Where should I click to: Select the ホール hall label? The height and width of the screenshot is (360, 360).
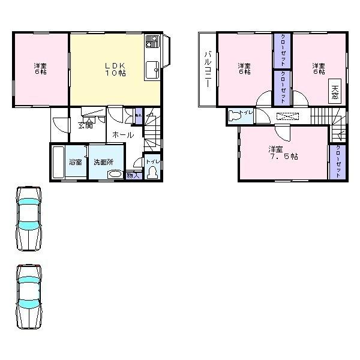(123, 136)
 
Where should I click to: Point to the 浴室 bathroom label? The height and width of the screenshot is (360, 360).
(75, 162)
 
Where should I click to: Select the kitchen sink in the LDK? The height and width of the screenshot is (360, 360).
(151, 69)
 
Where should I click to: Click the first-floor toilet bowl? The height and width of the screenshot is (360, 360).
(152, 173)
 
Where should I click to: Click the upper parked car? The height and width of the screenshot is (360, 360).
(29, 217)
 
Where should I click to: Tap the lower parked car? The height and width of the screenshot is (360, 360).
(29, 295)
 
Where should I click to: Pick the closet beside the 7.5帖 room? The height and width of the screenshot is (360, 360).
(338, 161)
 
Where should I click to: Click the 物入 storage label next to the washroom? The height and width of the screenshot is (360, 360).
(133, 175)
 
